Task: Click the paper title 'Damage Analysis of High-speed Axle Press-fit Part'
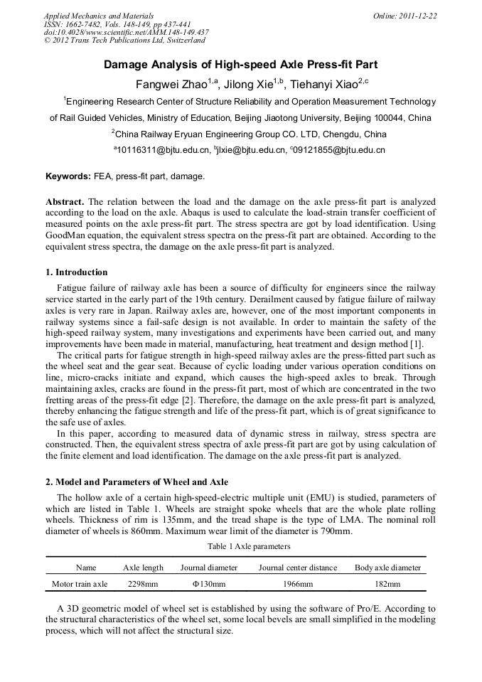coord(241,65)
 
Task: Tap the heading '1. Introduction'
coord(77,272)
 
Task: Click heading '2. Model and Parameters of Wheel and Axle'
coord(136,482)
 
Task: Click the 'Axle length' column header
coord(143,568)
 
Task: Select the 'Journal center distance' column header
coord(297,568)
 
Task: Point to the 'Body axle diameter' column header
coord(387,568)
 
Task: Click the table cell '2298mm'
coord(143,584)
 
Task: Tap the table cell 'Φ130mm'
coord(209,584)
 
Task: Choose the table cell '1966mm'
coord(297,584)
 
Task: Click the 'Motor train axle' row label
coord(80,584)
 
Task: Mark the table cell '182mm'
coord(387,584)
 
